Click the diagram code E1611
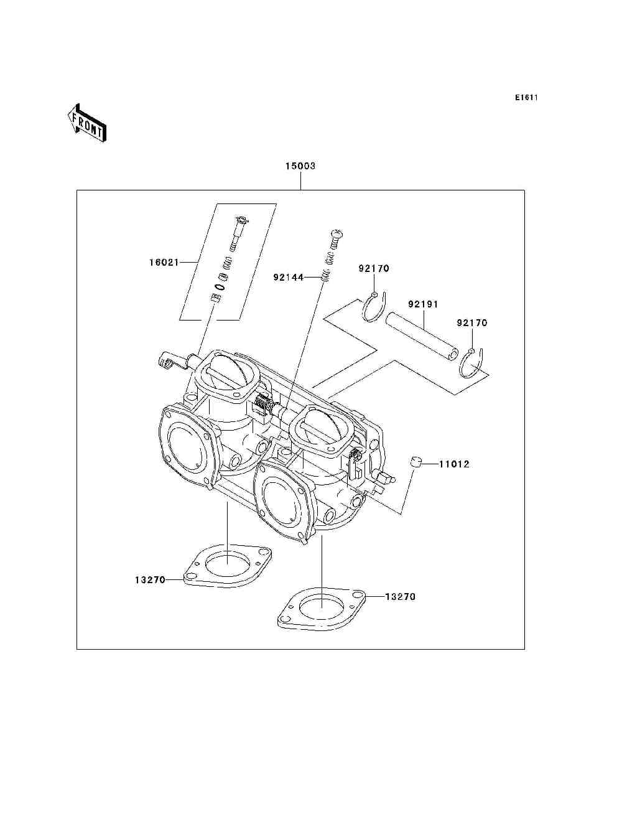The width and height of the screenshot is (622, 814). (x=526, y=98)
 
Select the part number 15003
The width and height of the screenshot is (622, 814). (x=300, y=166)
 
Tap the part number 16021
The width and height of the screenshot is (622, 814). (x=164, y=263)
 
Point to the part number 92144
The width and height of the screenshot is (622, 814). (x=288, y=277)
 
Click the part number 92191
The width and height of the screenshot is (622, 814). (x=424, y=305)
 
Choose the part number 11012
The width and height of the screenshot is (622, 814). (x=455, y=464)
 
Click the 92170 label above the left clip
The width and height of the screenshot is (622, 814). (x=373, y=269)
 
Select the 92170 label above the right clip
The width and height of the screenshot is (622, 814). (x=472, y=323)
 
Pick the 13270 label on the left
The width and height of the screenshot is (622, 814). (x=150, y=580)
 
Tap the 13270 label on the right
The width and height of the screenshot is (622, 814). (x=400, y=597)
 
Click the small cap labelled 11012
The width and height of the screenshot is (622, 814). (x=416, y=462)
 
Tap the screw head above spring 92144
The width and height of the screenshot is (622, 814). (x=337, y=234)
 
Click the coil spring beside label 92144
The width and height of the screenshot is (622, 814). (x=325, y=277)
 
